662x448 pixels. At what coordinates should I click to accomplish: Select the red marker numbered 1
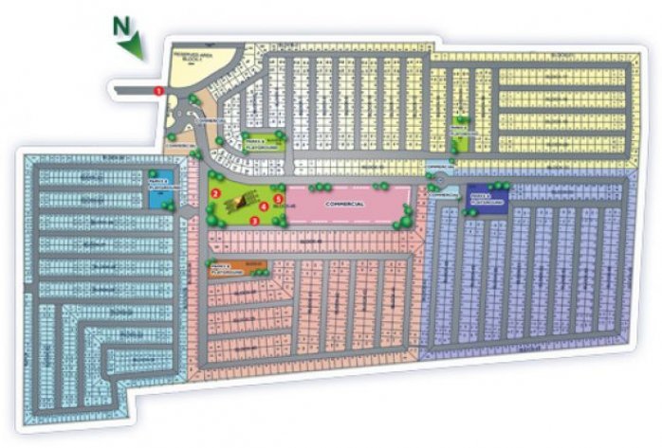(158, 89)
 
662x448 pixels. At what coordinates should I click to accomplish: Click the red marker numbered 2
(216, 192)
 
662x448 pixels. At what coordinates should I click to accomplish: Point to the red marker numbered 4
(263, 206)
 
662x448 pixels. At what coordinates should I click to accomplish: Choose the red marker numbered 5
(278, 199)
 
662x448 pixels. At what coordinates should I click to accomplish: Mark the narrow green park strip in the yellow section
(462, 133)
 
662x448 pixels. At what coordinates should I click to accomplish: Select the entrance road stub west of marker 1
(133, 89)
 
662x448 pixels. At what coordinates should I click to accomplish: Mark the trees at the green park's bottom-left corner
(211, 220)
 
